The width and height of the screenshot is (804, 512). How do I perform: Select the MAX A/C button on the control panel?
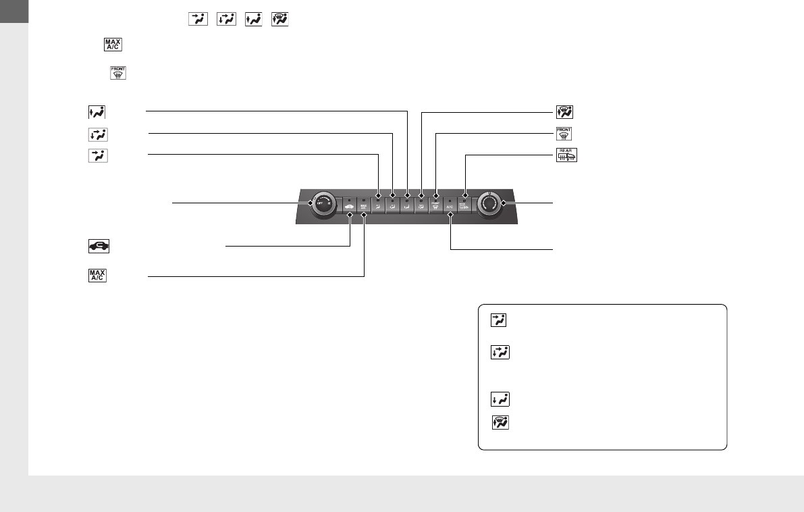tap(364, 205)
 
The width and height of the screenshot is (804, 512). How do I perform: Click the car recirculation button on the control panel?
tap(350, 205)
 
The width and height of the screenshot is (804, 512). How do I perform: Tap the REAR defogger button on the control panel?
tap(465, 205)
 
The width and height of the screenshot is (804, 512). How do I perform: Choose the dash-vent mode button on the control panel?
tap(378, 205)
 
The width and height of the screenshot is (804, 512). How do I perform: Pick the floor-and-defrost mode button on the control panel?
tap(421, 205)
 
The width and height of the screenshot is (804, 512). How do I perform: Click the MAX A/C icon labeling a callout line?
tap(97, 276)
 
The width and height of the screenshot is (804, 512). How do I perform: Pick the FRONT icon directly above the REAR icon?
tap(563, 134)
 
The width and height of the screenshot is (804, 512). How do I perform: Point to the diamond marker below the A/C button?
tap(450, 215)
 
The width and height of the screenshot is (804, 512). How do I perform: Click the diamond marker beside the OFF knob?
tap(311, 202)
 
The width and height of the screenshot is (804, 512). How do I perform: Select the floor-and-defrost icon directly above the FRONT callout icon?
tap(564, 112)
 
